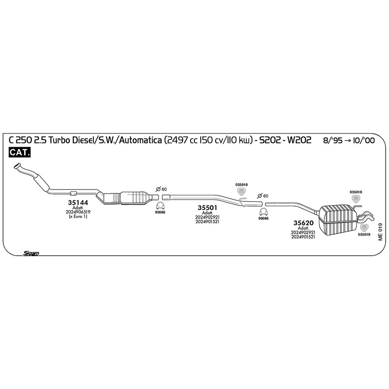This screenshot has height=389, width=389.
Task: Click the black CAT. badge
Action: [x=19, y=152]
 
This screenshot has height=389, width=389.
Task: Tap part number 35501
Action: [x=207, y=208]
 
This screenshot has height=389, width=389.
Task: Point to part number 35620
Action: [x=303, y=223]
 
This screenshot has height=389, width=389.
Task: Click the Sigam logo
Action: [x=31, y=253]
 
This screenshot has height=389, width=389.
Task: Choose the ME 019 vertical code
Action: [x=380, y=232]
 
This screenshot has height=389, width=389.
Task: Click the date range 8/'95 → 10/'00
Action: [x=349, y=140]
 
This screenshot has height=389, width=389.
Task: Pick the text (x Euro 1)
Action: [x=78, y=217]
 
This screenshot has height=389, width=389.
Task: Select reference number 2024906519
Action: [x=78, y=212]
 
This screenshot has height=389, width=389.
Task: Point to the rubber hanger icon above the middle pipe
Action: [x=242, y=191]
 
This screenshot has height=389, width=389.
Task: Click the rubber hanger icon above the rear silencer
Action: [x=356, y=199]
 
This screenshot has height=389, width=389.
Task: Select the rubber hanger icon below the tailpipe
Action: [x=364, y=228]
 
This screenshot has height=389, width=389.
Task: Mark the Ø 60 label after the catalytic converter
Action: [x=161, y=189]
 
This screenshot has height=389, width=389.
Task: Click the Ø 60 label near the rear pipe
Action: [x=263, y=195]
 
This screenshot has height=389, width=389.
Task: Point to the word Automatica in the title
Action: [x=140, y=140]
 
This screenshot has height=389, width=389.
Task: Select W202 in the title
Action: [x=299, y=140]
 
